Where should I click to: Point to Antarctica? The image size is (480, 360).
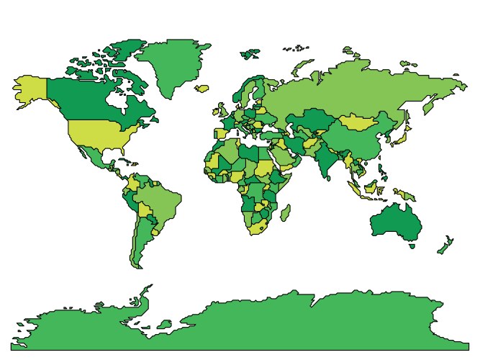pyautogui.click(x=252, y=324)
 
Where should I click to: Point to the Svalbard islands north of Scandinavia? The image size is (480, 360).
pyautogui.click(x=250, y=53)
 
